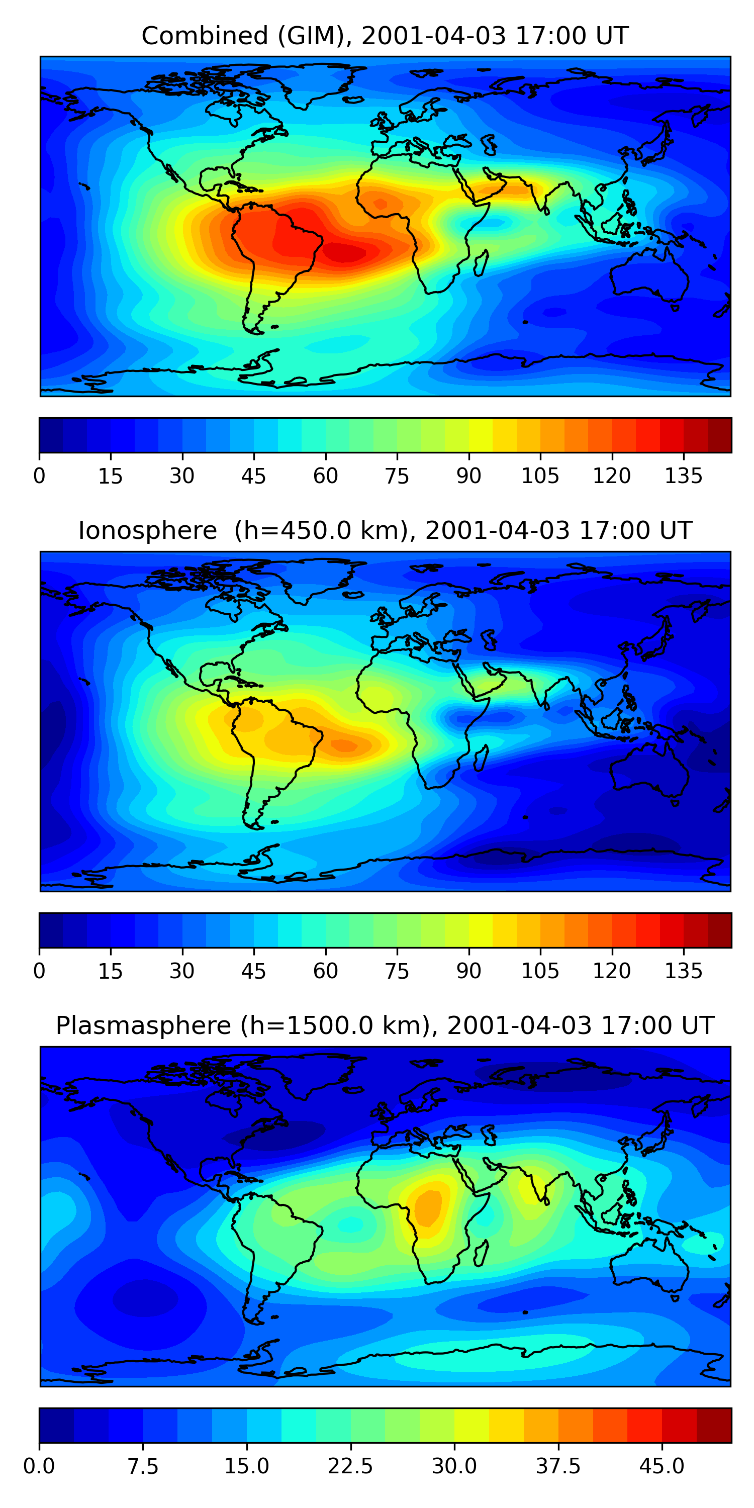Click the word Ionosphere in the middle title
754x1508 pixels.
click(x=147, y=530)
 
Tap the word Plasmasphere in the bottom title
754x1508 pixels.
click(x=143, y=1025)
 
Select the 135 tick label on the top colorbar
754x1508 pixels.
click(x=683, y=476)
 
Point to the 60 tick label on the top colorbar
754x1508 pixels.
click(x=326, y=476)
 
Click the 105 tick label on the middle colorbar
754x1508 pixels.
click(x=540, y=971)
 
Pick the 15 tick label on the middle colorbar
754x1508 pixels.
click(x=111, y=971)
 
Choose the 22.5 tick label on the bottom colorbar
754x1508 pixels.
click(x=350, y=1466)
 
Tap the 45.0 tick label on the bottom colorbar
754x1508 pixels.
click(x=662, y=1466)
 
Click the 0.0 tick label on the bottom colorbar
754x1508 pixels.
click(x=39, y=1466)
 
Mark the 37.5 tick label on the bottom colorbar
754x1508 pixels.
click(x=558, y=1466)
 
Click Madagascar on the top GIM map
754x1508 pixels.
click(x=481, y=263)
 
